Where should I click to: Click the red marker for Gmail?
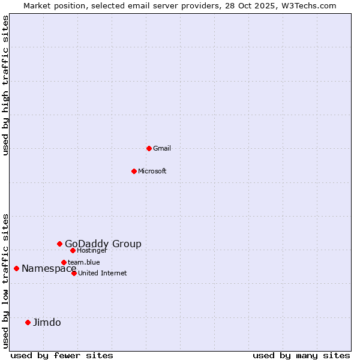click(x=149, y=148)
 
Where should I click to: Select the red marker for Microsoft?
click(x=134, y=171)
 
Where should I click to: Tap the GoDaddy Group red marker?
click(x=59, y=244)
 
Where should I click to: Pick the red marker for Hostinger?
click(x=73, y=250)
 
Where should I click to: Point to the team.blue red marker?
click(x=64, y=262)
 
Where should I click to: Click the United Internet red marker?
click(x=74, y=273)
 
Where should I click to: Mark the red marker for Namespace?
click(x=16, y=268)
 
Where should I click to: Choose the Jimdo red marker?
click(x=28, y=322)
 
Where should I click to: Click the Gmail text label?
click(x=162, y=148)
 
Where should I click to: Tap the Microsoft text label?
click(x=152, y=171)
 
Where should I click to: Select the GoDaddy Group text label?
click(x=103, y=244)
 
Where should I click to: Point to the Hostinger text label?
click(x=92, y=250)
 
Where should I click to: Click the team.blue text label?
click(x=84, y=262)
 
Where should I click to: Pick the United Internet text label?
click(x=103, y=273)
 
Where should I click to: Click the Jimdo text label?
click(x=47, y=322)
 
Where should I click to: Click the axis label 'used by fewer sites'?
click(x=62, y=355)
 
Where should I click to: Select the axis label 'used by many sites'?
click(x=301, y=355)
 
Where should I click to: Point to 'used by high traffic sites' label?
click(x=5, y=85)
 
